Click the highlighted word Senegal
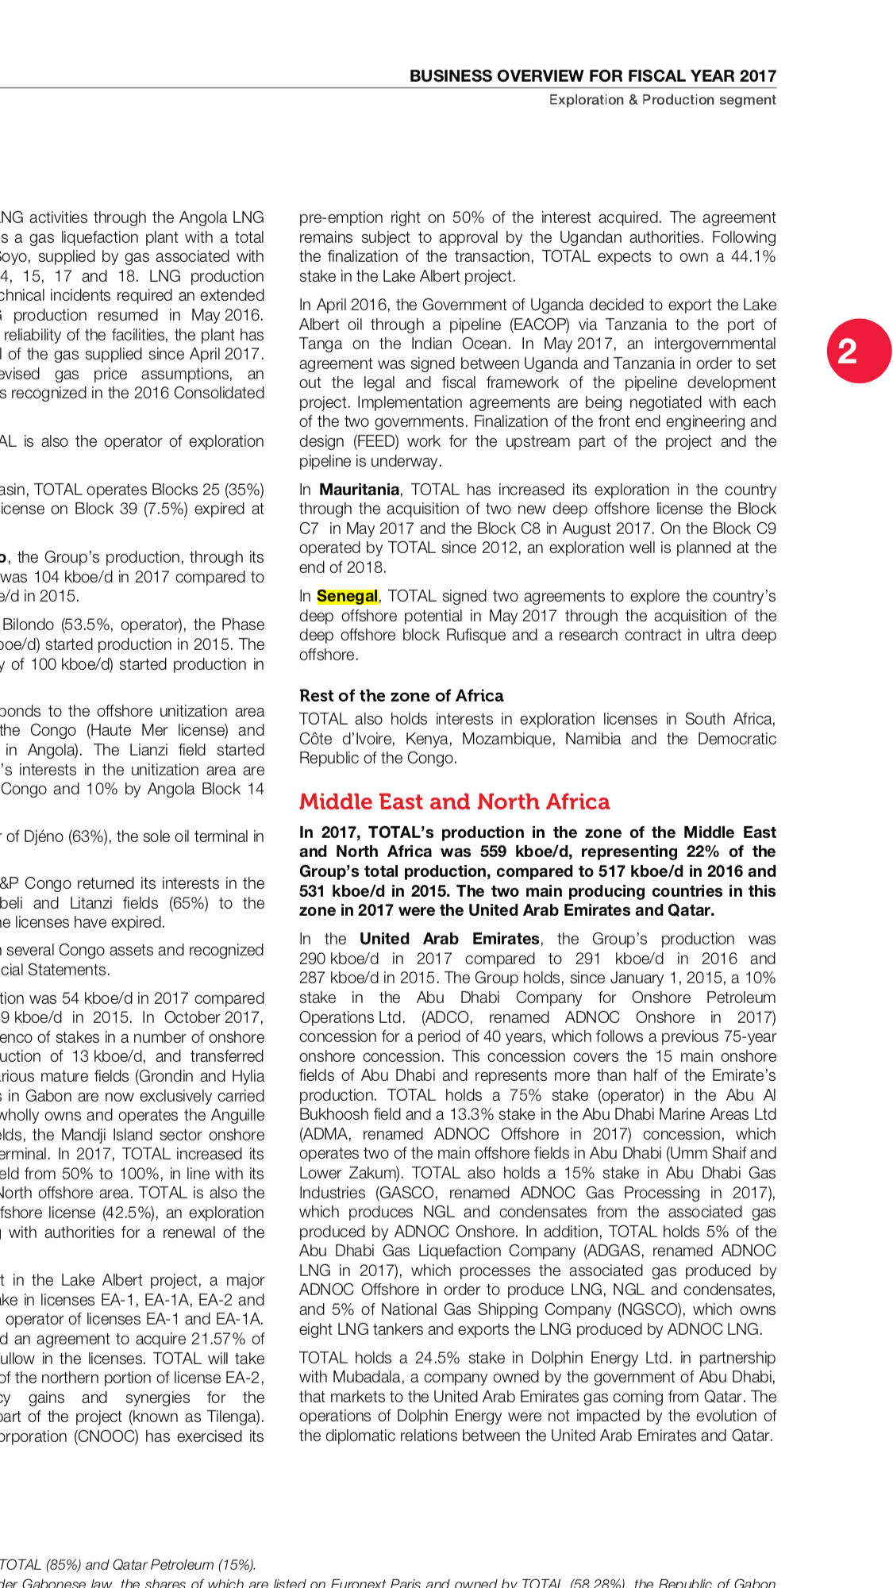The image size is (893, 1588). pyautogui.click(x=347, y=596)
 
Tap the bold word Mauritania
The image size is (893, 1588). pyautogui.click(x=359, y=490)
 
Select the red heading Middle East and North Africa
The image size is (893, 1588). pyautogui.click(x=454, y=802)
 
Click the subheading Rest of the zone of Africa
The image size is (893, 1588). pyautogui.click(x=401, y=696)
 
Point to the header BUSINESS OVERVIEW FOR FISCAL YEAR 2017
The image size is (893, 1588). pyautogui.click(x=592, y=76)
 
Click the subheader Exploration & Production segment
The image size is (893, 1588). pyautogui.click(x=662, y=100)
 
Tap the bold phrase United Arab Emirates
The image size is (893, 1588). pyautogui.click(x=449, y=939)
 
